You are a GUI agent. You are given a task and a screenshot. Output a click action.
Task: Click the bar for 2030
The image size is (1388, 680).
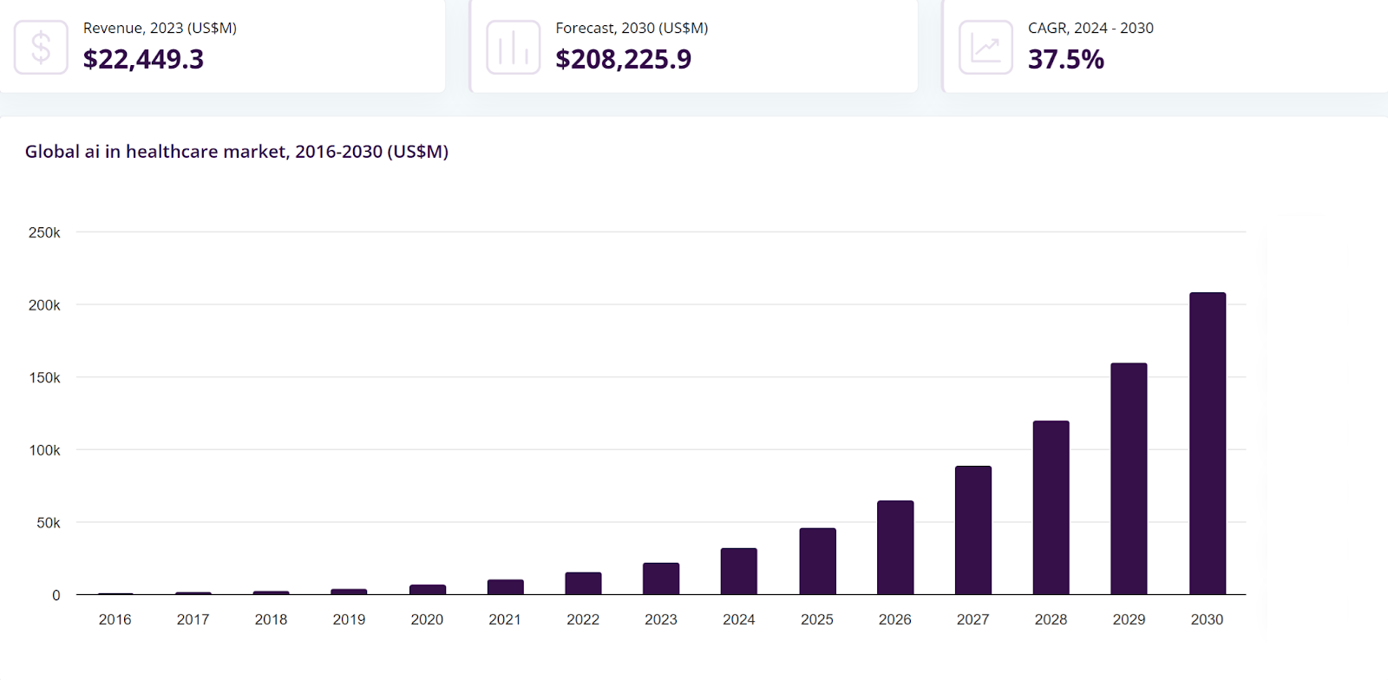1207,443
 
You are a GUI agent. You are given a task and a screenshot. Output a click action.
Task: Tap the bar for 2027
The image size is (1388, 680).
972,530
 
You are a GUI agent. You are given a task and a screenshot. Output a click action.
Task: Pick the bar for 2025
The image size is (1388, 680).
817,561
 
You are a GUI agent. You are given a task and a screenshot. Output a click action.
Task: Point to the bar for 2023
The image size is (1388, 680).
661,579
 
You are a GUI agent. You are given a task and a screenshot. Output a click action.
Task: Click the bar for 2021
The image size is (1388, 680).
505,587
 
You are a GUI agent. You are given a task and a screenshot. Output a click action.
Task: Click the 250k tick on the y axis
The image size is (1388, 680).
44,232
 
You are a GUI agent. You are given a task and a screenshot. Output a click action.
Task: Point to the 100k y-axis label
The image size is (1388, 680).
44,450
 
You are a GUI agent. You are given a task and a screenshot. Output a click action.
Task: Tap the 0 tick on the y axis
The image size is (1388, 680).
56,595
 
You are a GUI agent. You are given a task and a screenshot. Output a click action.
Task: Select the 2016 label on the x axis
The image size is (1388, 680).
115,619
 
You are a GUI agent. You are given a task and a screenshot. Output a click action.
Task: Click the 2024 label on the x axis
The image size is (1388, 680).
739,619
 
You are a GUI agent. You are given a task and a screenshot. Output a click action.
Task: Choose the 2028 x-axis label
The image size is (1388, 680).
1051,619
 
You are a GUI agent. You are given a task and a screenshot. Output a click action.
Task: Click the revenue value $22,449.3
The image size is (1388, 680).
143,59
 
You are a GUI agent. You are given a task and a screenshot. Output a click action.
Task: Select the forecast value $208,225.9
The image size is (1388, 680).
623,59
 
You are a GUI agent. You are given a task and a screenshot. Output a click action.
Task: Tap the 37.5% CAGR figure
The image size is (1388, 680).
1066,59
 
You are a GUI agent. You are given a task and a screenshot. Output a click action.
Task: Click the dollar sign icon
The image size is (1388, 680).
41,47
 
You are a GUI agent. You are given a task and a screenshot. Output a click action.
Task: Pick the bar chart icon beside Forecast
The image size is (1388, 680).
514,47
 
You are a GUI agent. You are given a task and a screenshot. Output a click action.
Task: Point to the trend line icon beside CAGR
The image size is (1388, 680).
985,47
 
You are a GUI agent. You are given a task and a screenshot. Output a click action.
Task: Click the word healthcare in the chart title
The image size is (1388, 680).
172,151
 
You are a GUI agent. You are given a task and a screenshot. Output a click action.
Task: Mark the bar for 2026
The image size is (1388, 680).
895,547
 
